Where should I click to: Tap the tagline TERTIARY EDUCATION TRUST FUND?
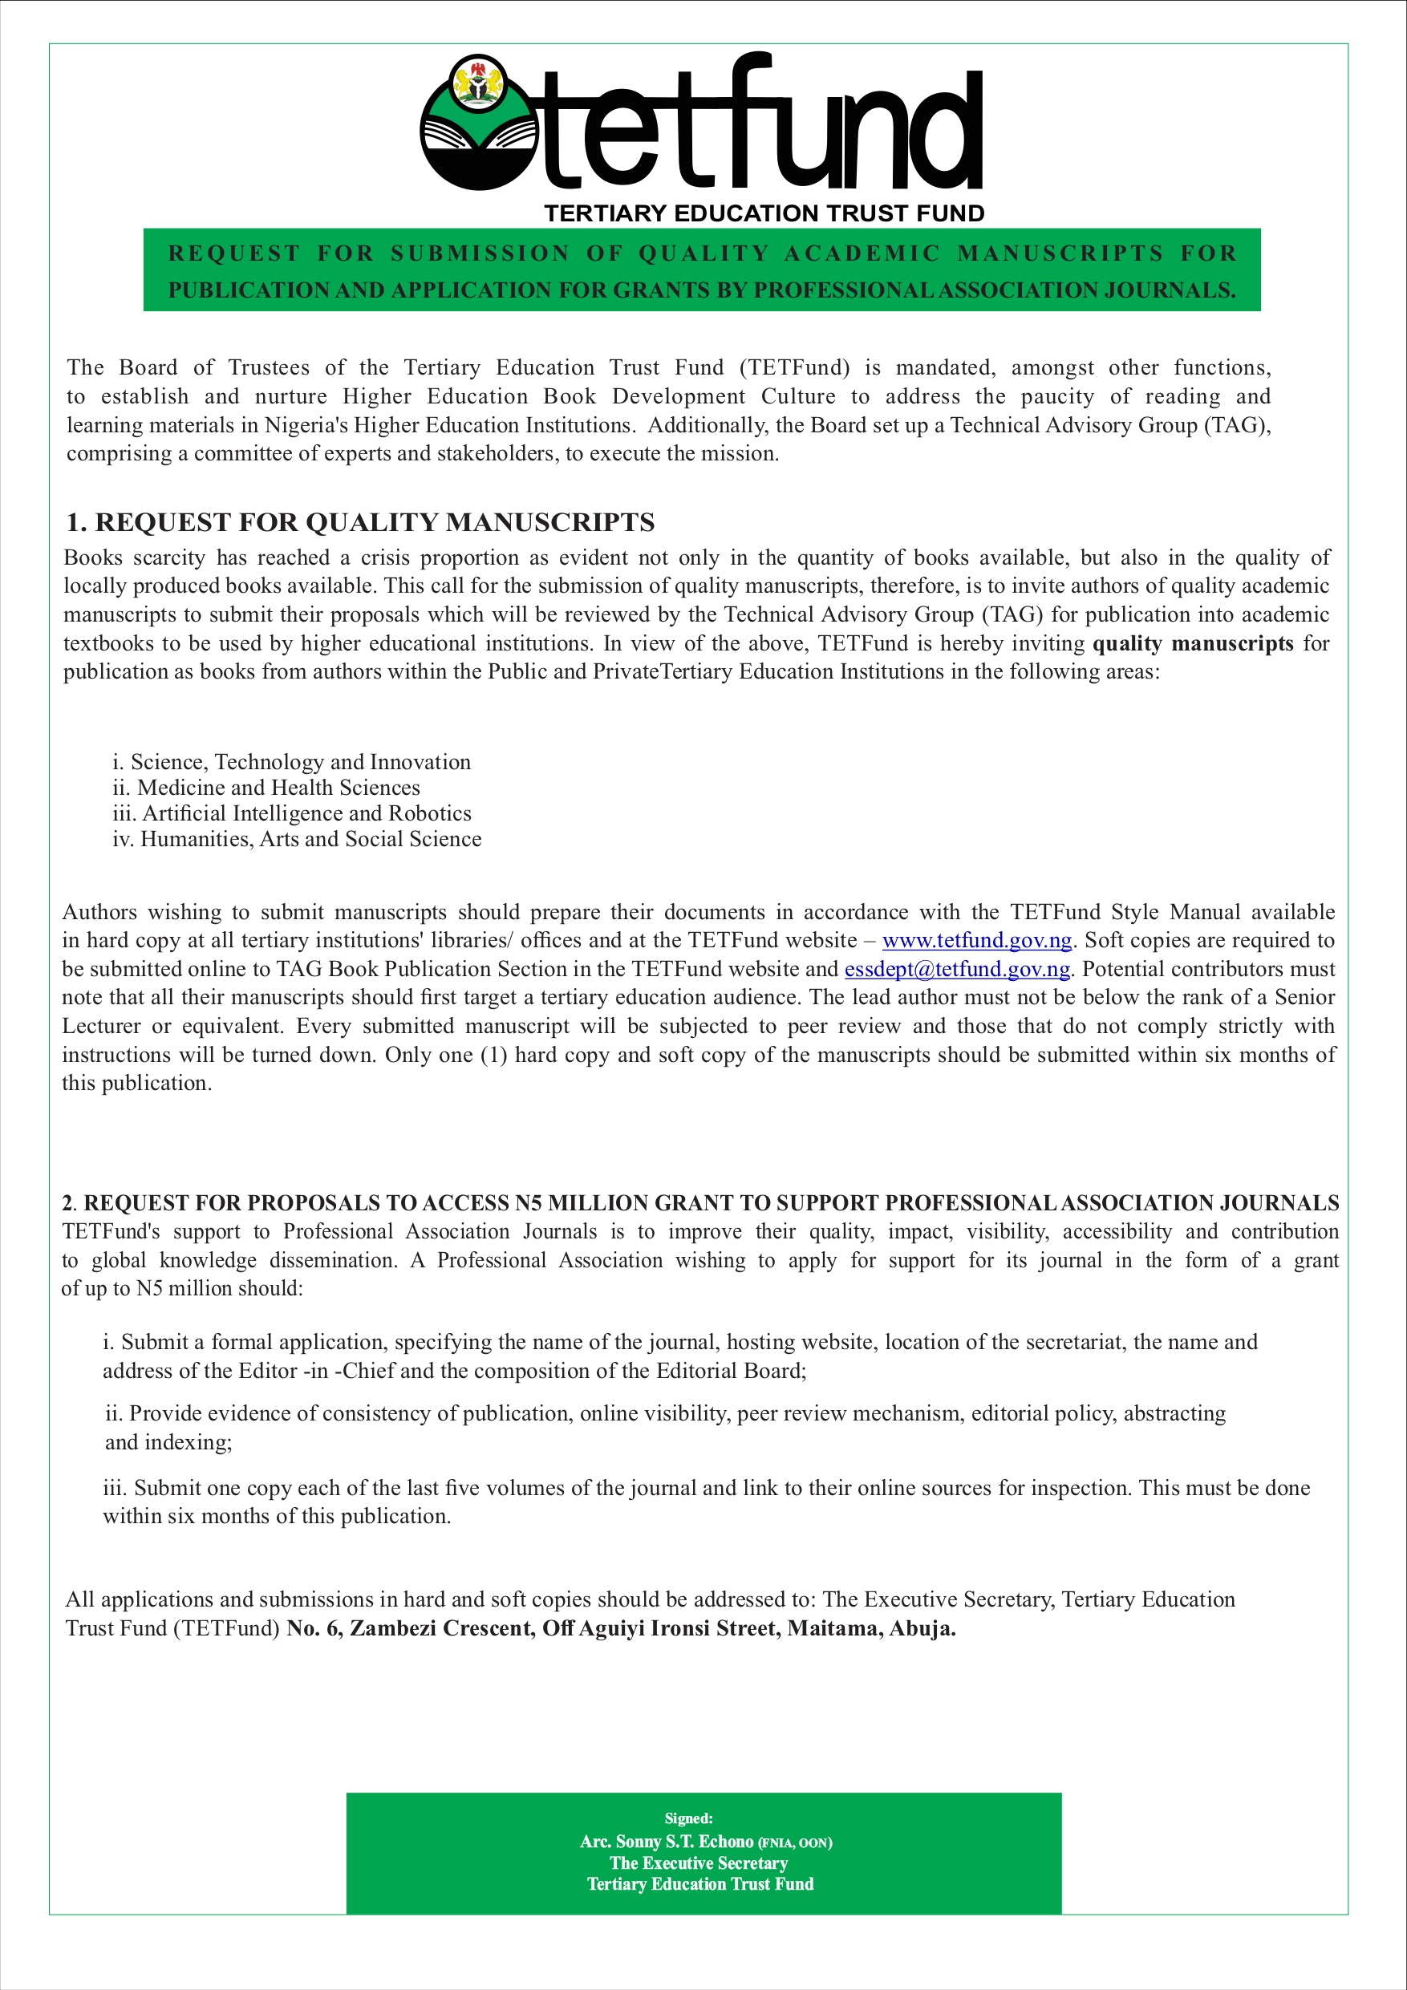point(764,213)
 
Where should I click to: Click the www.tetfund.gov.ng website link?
point(977,940)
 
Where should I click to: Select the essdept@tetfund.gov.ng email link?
point(957,969)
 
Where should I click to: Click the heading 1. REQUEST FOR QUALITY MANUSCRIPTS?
point(359,523)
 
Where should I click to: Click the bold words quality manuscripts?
point(1193,643)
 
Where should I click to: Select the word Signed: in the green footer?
point(688,1818)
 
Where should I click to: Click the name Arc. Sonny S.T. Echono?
point(666,1842)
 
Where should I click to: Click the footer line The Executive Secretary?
point(698,1862)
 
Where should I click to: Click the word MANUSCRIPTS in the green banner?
point(1060,253)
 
